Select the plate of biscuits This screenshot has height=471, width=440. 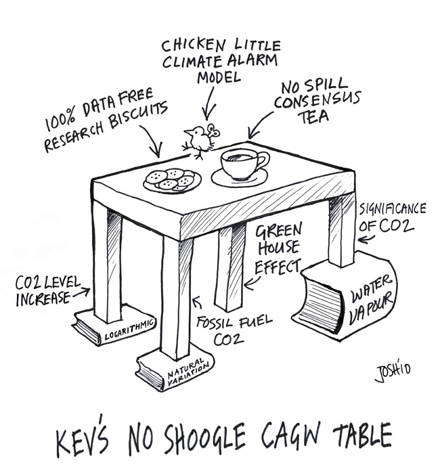[x=172, y=179]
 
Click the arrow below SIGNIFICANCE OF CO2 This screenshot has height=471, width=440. [x=366, y=239]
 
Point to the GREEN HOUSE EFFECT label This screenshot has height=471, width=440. [x=278, y=247]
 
